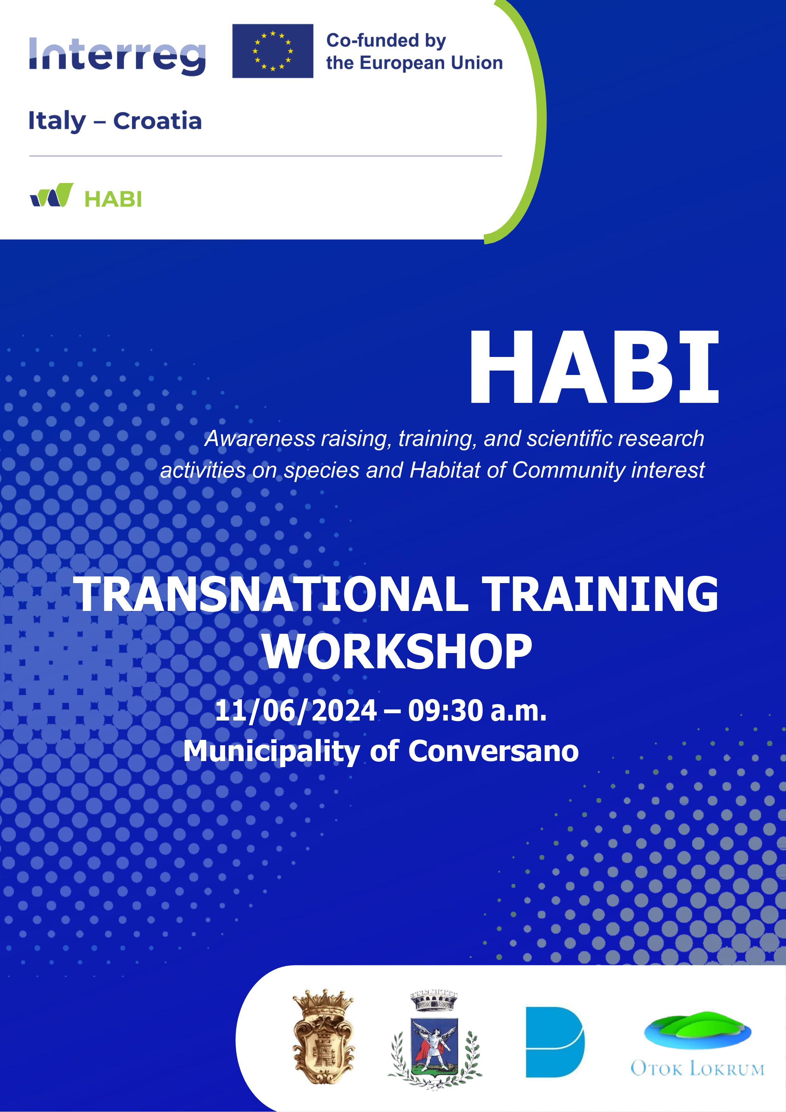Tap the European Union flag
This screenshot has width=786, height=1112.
pyautogui.click(x=273, y=51)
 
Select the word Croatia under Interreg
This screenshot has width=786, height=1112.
pyautogui.click(x=157, y=121)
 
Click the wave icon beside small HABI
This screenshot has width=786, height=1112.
pyautogui.click(x=52, y=195)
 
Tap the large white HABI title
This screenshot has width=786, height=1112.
pyautogui.click(x=594, y=368)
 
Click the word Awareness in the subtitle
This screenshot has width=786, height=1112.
pyautogui.click(x=260, y=439)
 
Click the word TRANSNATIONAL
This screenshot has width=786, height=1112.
pyautogui.click(x=271, y=594)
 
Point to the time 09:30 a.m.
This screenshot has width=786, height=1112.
pyautogui.click(x=477, y=710)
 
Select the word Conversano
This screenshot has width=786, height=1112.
pyautogui.click(x=493, y=751)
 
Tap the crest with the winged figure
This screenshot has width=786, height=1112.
pyautogui.click(x=434, y=1039)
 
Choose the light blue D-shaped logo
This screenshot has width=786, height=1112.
pyautogui.click(x=555, y=1042)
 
